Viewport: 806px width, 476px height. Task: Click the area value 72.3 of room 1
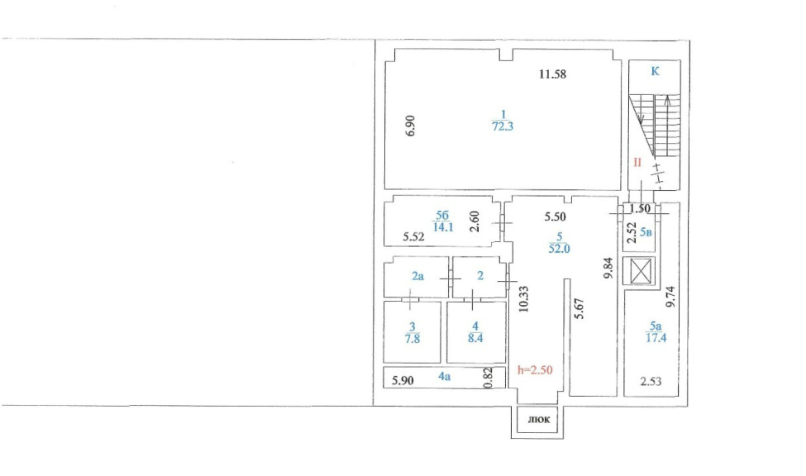click(x=503, y=126)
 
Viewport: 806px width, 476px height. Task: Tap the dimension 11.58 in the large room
click(x=552, y=74)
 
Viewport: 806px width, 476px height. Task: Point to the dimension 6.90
click(x=410, y=126)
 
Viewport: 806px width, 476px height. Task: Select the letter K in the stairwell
click(x=655, y=71)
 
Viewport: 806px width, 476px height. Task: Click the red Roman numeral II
click(x=637, y=163)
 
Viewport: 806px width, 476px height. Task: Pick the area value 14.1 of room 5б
click(x=443, y=226)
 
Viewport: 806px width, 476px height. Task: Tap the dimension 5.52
click(x=414, y=236)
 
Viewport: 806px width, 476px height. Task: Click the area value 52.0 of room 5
click(x=560, y=249)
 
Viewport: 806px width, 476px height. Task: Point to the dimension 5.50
click(x=556, y=217)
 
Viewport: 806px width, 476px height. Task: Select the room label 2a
click(x=418, y=276)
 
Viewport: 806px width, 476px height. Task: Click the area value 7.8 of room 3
click(x=413, y=339)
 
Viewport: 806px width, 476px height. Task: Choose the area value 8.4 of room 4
click(x=475, y=338)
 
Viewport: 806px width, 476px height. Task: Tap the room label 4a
click(x=445, y=376)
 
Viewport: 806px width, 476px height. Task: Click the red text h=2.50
click(x=535, y=370)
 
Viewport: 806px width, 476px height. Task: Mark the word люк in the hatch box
click(x=539, y=420)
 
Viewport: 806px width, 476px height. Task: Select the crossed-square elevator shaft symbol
click(x=641, y=271)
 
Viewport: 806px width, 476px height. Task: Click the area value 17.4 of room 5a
click(x=656, y=338)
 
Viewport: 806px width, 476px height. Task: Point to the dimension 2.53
click(x=651, y=381)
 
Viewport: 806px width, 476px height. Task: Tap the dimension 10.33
click(x=524, y=299)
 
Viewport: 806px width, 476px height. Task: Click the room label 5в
click(x=646, y=232)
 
